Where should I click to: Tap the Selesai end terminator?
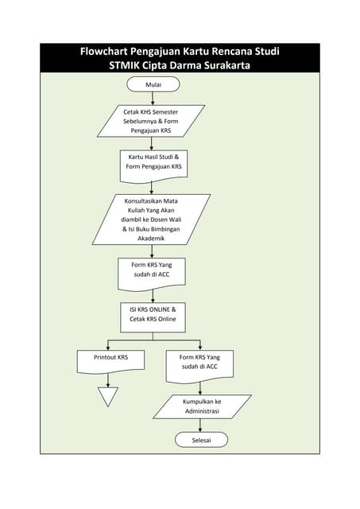(x=201, y=440)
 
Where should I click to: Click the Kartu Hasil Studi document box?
(x=154, y=163)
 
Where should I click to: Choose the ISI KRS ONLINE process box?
(x=153, y=314)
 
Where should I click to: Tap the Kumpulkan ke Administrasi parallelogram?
(x=201, y=406)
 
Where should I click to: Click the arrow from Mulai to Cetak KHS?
(x=153, y=98)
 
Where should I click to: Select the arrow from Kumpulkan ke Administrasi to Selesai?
(x=201, y=425)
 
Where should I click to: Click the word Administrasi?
(x=201, y=411)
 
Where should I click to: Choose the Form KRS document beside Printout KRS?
(x=201, y=363)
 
